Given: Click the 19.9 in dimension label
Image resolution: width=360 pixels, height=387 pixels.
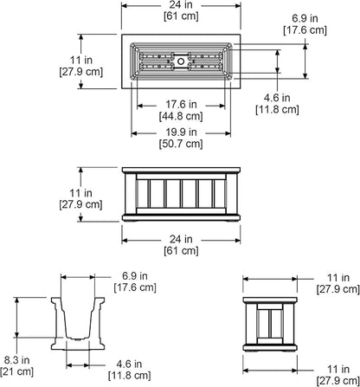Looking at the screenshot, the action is click(x=181, y=132).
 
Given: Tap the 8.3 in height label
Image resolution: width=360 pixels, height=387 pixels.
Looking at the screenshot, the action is click(x=16, y=360).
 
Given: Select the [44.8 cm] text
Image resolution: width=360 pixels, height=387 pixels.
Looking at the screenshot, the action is click(x=181, y=116).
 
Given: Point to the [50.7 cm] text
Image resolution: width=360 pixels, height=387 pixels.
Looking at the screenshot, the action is click(x=181, y=144).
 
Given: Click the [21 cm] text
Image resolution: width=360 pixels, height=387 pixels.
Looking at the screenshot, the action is click(x=16, y=371).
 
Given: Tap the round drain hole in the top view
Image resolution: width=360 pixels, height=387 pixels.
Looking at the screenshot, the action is click(x=181, y=61).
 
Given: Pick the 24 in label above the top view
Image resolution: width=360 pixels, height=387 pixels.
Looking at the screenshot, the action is click(x=181, y=4).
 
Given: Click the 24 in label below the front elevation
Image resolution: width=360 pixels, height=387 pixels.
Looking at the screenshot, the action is click(x=181, y=239).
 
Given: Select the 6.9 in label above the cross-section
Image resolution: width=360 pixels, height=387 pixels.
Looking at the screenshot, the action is click(x=135, y=276).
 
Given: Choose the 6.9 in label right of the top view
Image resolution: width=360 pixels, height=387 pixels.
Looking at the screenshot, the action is click(x=305, y=18).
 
